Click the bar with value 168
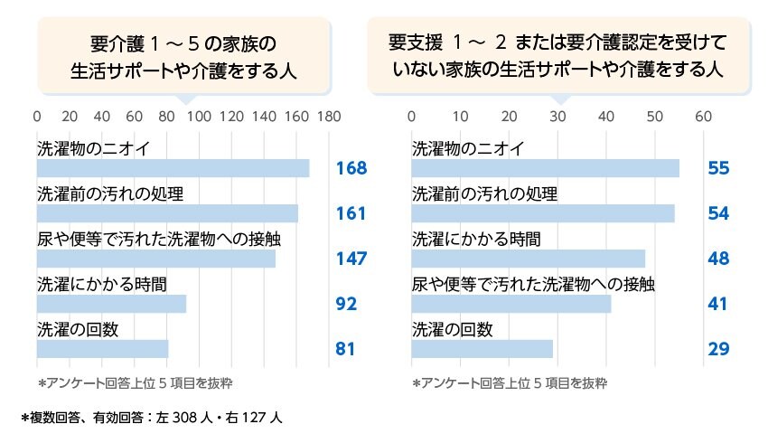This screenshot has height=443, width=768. tap(173, 168)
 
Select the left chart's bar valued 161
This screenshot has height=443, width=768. tap(167, 213)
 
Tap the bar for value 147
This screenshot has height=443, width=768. tap(155, 259)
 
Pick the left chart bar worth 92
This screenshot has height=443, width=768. tap(111, 304)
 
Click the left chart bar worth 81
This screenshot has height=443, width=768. tap(102, 349)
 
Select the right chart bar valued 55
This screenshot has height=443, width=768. tap(545, 168)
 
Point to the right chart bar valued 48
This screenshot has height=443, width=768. tap(528, 259)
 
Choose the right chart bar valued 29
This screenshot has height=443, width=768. tap(482, 349)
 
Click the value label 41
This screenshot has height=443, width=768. tap(718, 304)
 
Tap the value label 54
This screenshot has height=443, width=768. tap(718, 213)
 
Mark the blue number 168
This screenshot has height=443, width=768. tap(351, 168)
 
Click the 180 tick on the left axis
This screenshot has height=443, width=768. tap(329, 117)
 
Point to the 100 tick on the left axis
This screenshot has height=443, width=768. tap(198, 117)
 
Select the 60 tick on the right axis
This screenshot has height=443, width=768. tap(703, 117)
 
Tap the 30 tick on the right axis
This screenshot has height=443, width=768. tap(557, 117)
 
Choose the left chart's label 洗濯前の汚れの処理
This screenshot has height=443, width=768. tap(110, 194)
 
